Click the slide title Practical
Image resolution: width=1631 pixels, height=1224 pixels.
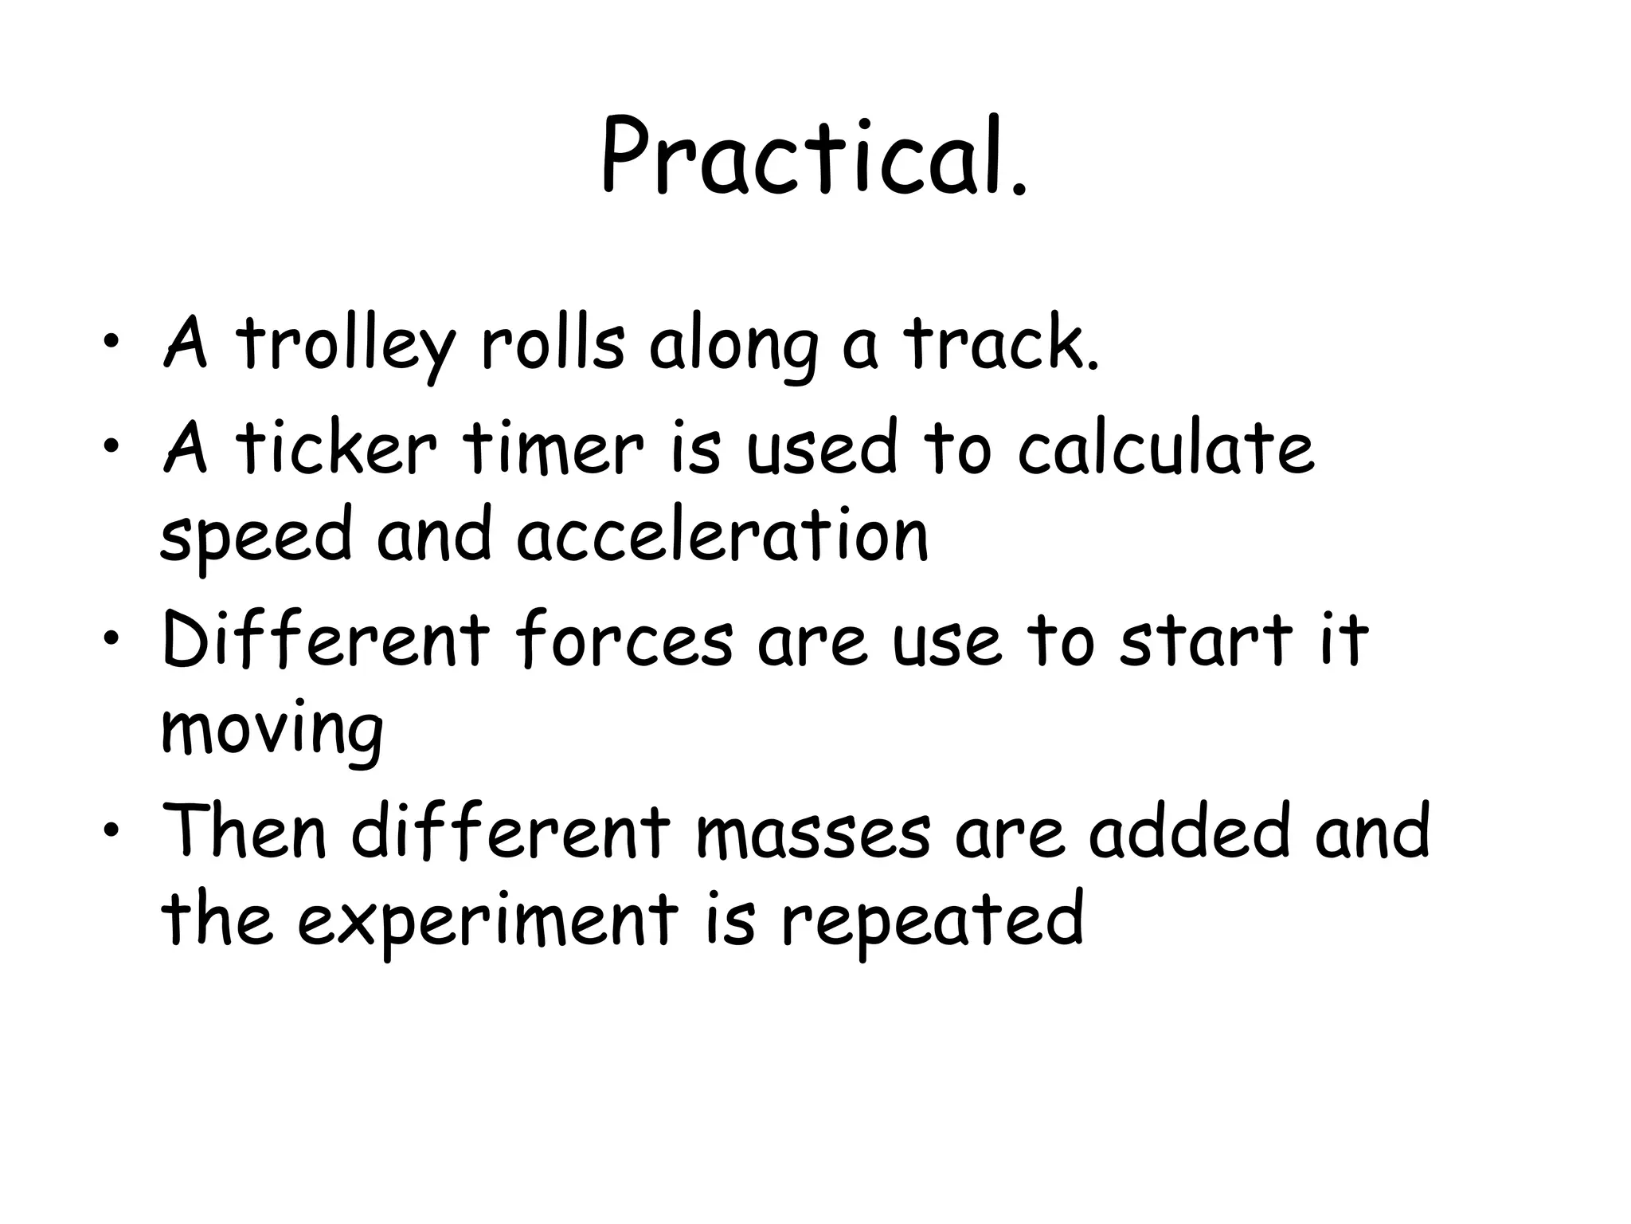pos(814,156)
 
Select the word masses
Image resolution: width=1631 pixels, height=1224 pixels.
pos(812,834)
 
